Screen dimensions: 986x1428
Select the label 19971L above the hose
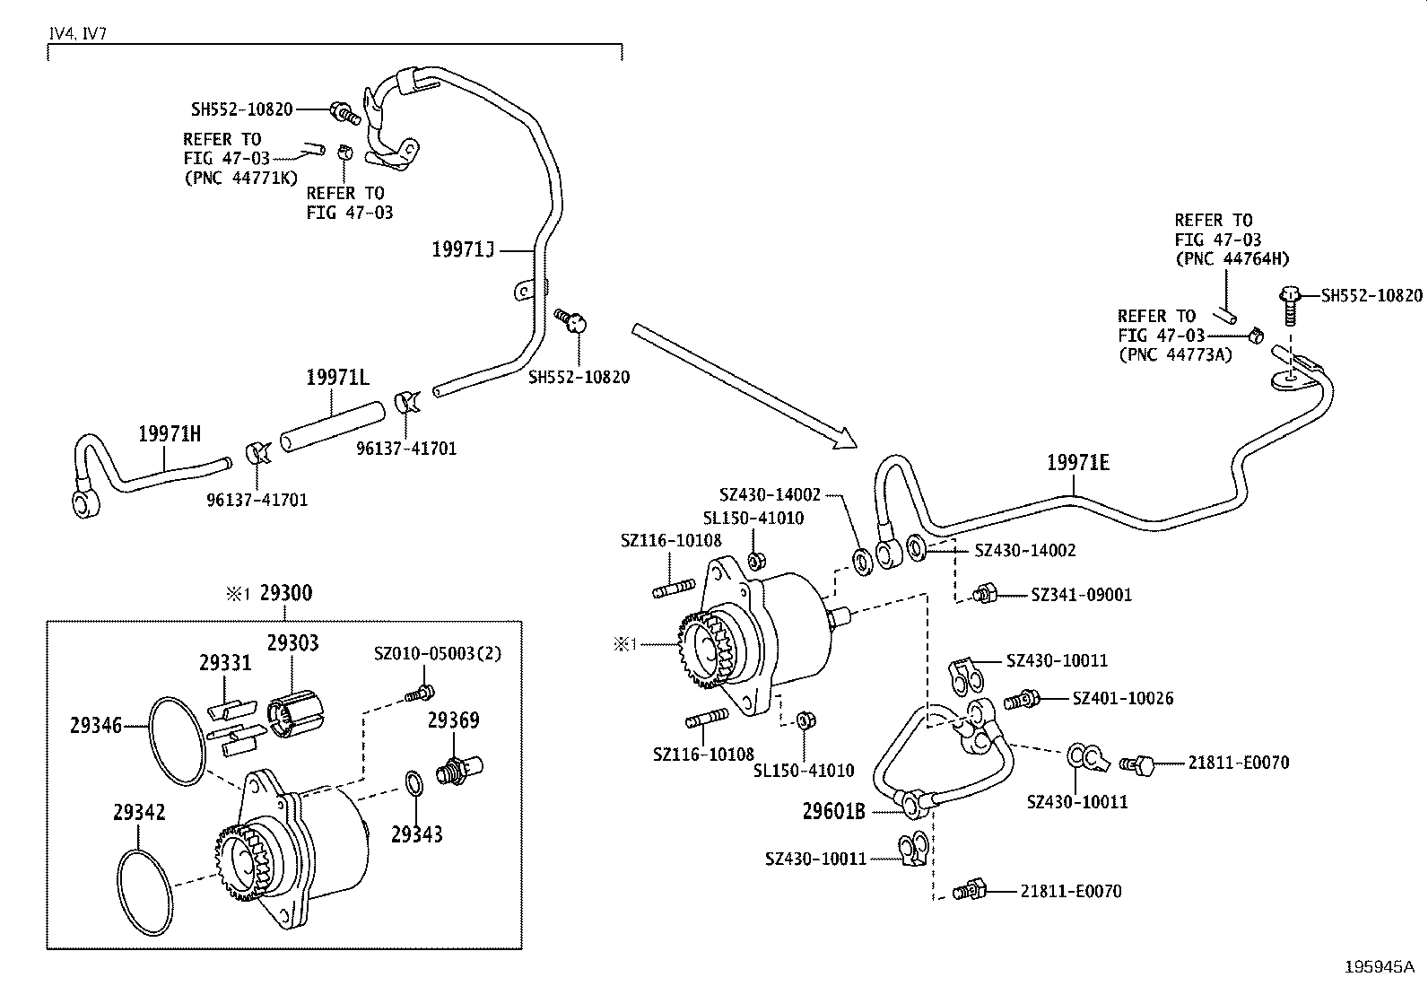(337, 378)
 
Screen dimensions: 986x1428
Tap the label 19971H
(169, 434)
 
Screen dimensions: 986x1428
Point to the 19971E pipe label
(1077, 463)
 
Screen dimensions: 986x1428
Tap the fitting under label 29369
(457, 769)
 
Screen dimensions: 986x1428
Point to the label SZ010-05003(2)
(437, 653)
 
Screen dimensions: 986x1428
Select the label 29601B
(833, 812)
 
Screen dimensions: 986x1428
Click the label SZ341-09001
(1081, 595)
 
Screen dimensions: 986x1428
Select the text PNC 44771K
(240, 178)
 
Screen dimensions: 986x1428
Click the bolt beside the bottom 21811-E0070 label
(971, 891)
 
